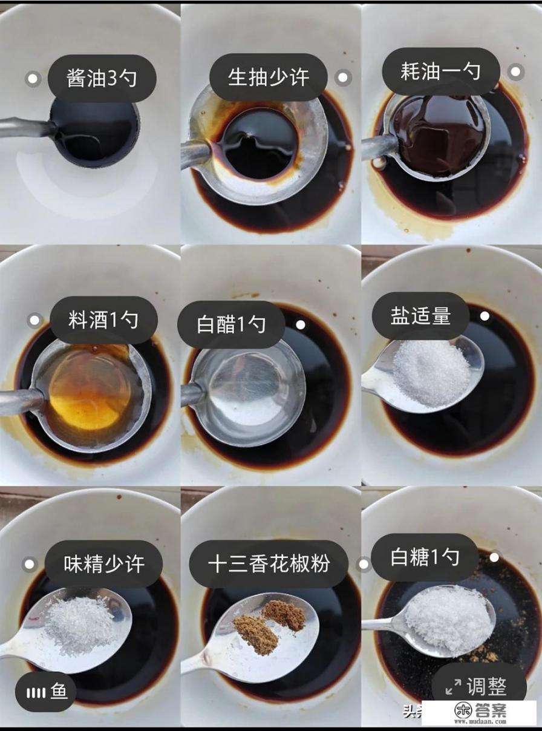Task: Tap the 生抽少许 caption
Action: click(x=268, y=77)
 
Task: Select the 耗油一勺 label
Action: click(x=440, y=71)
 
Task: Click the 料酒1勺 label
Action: click(x=103, y=320)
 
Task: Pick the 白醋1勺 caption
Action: click(x=231, y=324)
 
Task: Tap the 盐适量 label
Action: click(x=420, y=316)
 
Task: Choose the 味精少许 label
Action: click(x=104, y=564)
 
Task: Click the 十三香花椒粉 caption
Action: click(x=269, y=564)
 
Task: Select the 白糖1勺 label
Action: click(x=425, y=557)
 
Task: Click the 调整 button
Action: click(x=478, y=687)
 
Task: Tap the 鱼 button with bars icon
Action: click(x=45, y=691)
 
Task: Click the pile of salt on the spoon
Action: click(x=431, y=373)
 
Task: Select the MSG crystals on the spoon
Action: click(x=82, y=623)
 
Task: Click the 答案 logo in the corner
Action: click(x=480, y=712)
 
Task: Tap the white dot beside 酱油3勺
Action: click(x=33, y=79)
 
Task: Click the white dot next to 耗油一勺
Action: click(x=515, y=71)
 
